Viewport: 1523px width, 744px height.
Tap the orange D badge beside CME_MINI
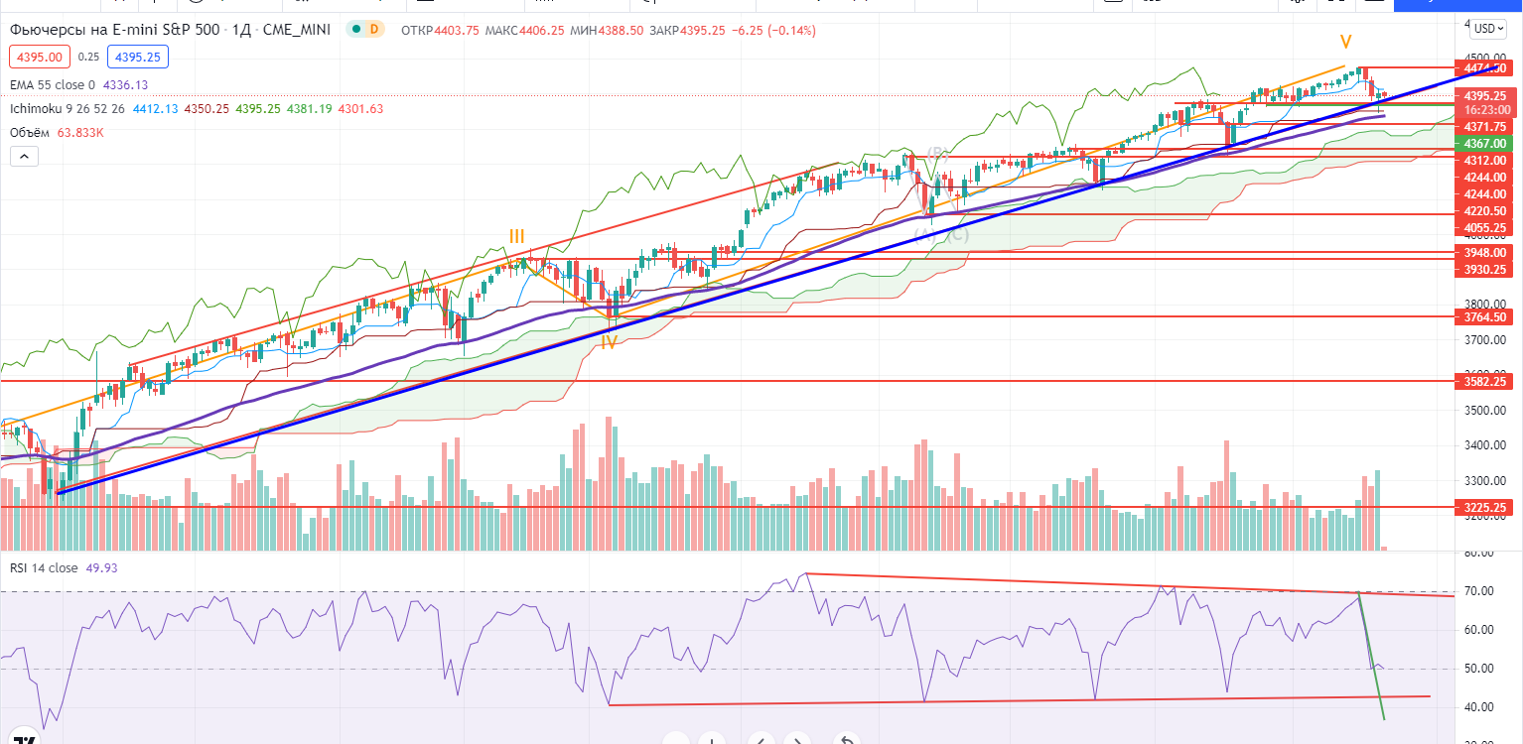pyautogui.click(x=373, y=30)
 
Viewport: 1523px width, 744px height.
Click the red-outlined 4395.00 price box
pyautogui.click(x=39, y=57)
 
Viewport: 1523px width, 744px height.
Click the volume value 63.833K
pyautogui.click(x=86, y=132)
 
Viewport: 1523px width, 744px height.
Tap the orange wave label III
pyautogui.click(x=517, y=236)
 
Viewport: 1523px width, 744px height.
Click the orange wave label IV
pyautogui.click(x=610, y=342)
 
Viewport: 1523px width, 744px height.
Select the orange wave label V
pyautogui.click(x=1345, y=42)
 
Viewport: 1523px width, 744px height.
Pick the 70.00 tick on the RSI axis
pyautogui.click(x=1479, y=591)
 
